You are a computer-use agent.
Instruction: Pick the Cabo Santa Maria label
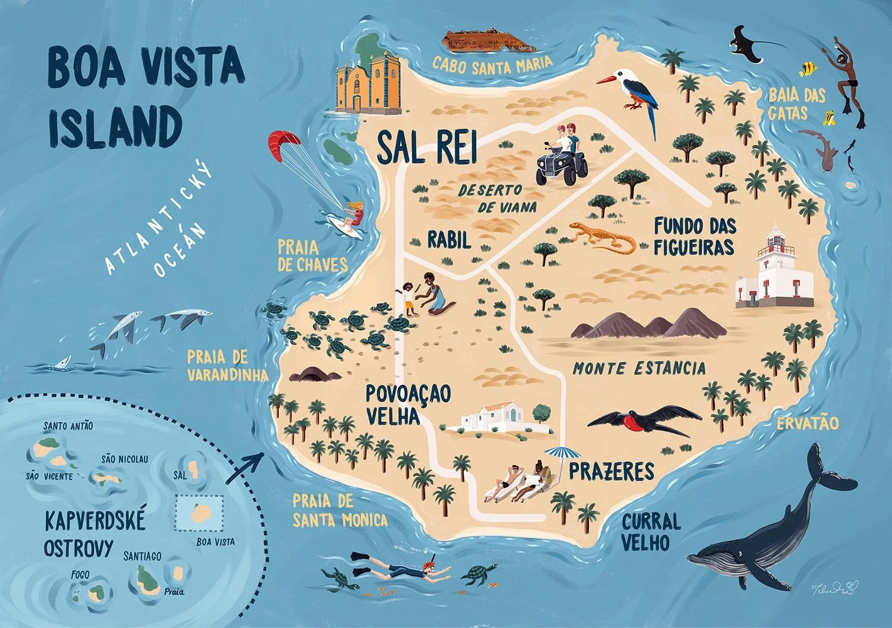(x=492, y=65)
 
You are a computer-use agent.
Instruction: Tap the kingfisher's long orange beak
(x=608, y=80)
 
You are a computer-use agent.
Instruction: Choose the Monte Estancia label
(x=639, y=368)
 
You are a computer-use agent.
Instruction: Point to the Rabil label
(x=449, y=240)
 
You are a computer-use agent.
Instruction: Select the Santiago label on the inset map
(x=142, y=556)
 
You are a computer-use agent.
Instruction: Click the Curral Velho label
(x=651, y=532)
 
